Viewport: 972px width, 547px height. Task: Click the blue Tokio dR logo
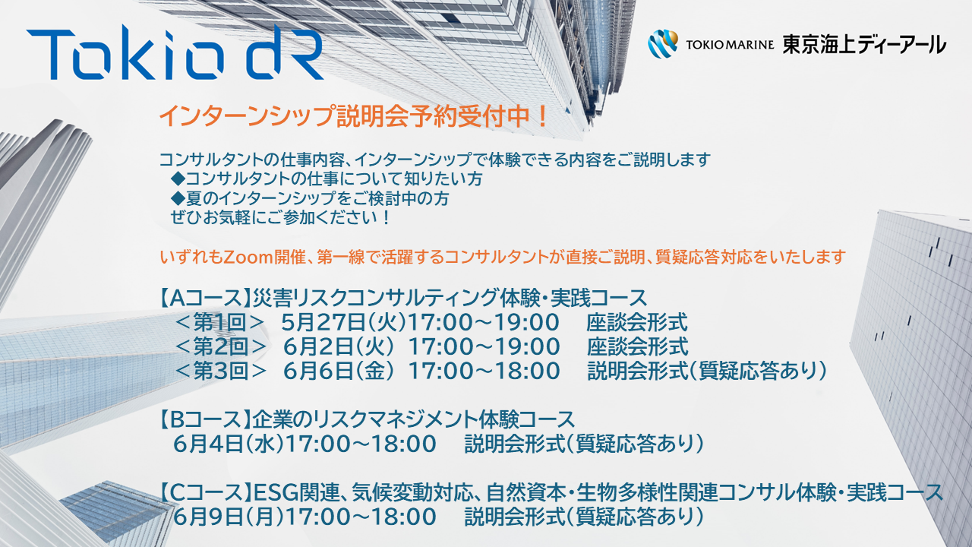pyautogui.click(x=175, y=52)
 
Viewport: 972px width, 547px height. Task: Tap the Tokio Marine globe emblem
pyautogui.click(x=663, y=44)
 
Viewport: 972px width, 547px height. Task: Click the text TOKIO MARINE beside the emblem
pyautogui.click(x=730, y=45)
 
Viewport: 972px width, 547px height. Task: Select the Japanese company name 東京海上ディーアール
pyautogui.click(x=864, y=45)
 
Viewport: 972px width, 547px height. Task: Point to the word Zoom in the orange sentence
pyautogui.click(x=248, y=258)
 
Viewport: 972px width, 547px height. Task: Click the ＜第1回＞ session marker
pyautogui.click(x=220, y=323)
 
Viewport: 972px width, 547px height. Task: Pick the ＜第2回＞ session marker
pyautogui.click(x=221, y=347)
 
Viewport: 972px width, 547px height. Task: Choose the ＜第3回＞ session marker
pyautogui.click(x=221, y=372)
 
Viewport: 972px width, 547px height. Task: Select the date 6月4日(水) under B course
pyautogui.click(x=229, y=444)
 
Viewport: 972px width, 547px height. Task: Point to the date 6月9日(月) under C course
pyautogui.click(x=229, y=517)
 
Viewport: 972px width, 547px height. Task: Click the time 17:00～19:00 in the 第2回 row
pyautogui.click(x=484, y=347)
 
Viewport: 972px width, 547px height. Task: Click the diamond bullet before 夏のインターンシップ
pyautogui.click(x=178, y=199)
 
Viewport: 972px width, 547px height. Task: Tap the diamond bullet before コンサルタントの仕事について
pyautogui.click(x=178, y=179)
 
